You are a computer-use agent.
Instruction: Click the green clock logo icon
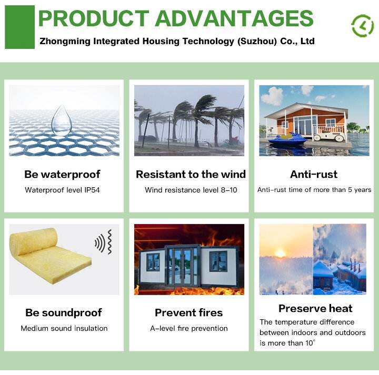tap(362, 26)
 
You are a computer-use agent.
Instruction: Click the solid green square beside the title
tap(20, 27)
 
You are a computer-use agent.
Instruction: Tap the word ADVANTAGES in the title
tap(234, 18)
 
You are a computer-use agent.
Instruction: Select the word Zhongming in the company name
tap(65, 42)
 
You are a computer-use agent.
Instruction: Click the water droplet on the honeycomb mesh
tap(62, 120)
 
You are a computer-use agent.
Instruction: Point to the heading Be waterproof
tap(62, 175)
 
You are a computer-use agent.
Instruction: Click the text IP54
tap(92, 190)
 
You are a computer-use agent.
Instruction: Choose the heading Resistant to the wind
tap(191, 174)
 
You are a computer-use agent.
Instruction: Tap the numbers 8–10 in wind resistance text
tap(229, 190)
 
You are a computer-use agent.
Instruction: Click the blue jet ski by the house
tap(287, 139)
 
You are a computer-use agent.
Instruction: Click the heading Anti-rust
tap(314, 174)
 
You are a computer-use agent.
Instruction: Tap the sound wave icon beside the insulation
tap(104, 242)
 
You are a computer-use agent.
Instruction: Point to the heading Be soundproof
tap(64, 313)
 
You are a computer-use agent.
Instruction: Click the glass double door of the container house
tap(183, 266)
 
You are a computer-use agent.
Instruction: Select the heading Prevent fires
tap(189, 313)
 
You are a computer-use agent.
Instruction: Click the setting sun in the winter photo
tap(281, 254)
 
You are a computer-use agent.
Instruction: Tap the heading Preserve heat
tap(315, 308)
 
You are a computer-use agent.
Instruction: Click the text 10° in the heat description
tap(311, 343)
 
